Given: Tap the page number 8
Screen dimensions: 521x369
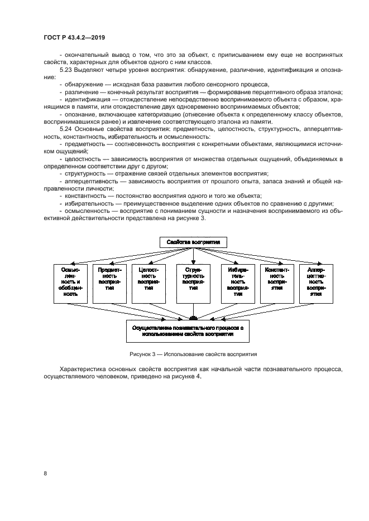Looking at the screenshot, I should click(x=45, y=474).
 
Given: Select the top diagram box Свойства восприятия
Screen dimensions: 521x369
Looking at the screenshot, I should click(x=193, y=242).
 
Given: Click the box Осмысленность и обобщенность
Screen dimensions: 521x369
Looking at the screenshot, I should click(x=70, y=283).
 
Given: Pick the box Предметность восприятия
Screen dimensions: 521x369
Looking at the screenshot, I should click(x=109, y=283).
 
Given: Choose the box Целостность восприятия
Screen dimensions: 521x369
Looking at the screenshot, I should click(x=148, y=283).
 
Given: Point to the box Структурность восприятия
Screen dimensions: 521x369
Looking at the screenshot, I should click(x=193, y=283).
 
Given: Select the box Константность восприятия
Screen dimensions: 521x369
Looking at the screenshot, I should click(x=277, y=283).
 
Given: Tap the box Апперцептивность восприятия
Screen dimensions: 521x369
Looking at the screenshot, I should click(x=317, y=283).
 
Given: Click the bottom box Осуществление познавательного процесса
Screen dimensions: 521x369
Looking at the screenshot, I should click(x=193, y=332).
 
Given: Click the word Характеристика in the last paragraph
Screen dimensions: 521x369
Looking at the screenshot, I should click(x=84, y=369).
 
